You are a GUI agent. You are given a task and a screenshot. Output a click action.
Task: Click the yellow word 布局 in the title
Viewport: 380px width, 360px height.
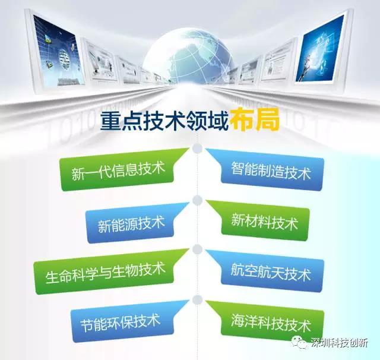(255, 121)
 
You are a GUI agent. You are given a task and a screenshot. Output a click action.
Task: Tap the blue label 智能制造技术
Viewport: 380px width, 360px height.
(271, 171)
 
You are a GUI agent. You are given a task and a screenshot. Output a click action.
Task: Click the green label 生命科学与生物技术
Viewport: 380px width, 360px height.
(105, 273)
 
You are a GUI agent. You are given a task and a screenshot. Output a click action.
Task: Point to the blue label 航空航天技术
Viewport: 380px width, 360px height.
(271, 272)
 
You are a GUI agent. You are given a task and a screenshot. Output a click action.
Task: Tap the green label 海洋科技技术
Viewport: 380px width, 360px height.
(271, 323)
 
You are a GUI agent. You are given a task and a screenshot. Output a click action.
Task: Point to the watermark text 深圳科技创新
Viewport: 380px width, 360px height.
(339, 343)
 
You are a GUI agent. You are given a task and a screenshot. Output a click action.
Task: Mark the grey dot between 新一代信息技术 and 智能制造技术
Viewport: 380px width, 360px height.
(198, 149)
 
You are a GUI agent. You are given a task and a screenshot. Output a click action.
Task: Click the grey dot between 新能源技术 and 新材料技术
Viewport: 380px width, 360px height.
(198, 200)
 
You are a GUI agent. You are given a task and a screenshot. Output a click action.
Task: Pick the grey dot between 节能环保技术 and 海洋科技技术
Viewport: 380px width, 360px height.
(198, 300)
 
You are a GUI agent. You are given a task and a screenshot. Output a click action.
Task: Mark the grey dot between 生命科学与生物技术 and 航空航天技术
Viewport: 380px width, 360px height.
(198, 250)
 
